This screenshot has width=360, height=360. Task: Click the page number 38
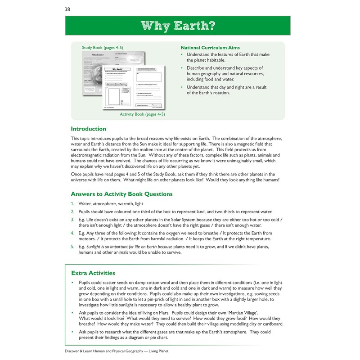click(67, 9)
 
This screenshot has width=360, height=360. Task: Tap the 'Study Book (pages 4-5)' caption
click(102, 48)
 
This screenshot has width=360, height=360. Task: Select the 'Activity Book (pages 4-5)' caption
click(142, 114)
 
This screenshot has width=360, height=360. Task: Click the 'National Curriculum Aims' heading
click(210, 48)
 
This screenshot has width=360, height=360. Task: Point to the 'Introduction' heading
click(89, 129)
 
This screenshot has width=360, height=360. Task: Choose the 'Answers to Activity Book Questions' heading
click(121, 194)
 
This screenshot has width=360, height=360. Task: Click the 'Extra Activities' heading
click(93, 273)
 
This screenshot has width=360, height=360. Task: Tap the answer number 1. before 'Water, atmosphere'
click(73, 204)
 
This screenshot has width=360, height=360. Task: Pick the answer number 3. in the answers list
click(73, 219)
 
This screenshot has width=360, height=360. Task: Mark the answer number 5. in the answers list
click(73, 247)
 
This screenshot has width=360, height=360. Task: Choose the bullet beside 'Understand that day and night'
click(182, 87)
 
